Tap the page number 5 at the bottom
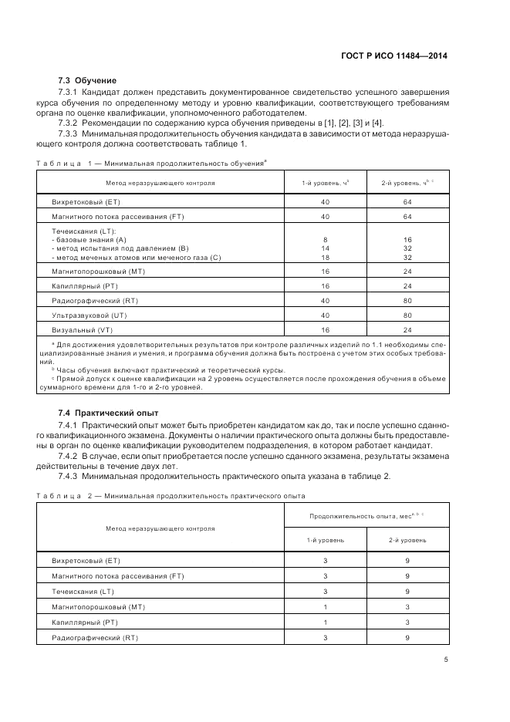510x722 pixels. coord(446,660)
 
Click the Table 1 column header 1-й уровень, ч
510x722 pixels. coord(326,183)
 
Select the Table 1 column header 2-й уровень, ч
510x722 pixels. coord(407,183)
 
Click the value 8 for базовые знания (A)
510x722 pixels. coord(326,240)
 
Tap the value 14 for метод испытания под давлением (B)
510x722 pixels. coord(326,248)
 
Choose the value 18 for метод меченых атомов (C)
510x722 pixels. coord(326,257)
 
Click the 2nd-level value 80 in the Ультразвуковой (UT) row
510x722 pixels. coord(407,315)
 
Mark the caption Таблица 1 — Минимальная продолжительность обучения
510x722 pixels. coord(151,163)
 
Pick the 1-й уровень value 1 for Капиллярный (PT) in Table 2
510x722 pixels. coord(326,622)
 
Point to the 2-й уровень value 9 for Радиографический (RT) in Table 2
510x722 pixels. coord(407,637)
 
